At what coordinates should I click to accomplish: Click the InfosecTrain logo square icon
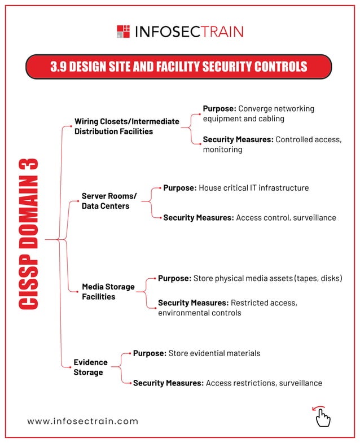pyautogui.click(x=123, y=31)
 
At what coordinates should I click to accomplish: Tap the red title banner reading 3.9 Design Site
pyautogui.click(x=179, y=67)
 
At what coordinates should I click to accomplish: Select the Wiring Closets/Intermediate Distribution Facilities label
pyautogui.click(x=126, y=126)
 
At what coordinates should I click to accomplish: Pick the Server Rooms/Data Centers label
pyautogui.click(x=109, y=201)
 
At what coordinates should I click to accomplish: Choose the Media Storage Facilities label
pyautogui.click(x=108, y=291)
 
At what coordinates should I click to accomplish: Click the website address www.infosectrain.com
pyautogui.click(x=82, y=421)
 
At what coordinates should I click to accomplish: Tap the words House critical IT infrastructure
pyautogui.click(x=254, y=187)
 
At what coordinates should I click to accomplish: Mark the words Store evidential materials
pyautogui.click(x=214, y=353)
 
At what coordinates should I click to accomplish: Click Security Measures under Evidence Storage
pyautogui.click(x=168, y=383)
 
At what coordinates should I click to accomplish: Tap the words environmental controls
pyautogui.click(x=199, y=313)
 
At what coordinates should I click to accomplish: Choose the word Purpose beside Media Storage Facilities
pyautogui.click(x=174, y=278)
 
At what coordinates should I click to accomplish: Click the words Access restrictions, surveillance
pyautogui.click(x=264, y=383)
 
